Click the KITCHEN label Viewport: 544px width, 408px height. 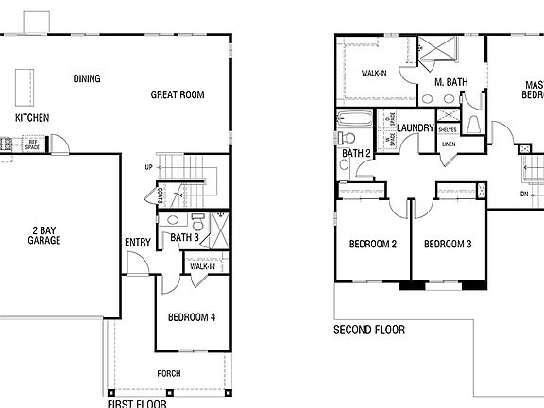(32, 118)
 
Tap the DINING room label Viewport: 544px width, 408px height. (87, 78)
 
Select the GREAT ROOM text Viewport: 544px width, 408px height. (178, 94)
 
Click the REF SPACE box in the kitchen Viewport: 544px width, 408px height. (32, 145)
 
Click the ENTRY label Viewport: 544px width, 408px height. (138, 242)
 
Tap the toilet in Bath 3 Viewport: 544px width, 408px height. (197, 222)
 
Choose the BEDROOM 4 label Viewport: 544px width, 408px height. (192, 316)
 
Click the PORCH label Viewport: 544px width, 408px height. (169, 373)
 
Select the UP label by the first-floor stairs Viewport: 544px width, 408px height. (148, 167)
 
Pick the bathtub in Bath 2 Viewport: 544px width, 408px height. (355, 120)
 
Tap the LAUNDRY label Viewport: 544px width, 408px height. (415, 127)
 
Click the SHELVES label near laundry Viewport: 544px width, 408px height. (448, 129)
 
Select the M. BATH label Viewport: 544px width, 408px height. (452, 82)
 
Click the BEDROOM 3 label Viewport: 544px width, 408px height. (447, 245)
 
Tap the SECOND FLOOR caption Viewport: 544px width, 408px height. (369, 330)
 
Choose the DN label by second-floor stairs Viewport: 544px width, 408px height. (524, 194)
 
